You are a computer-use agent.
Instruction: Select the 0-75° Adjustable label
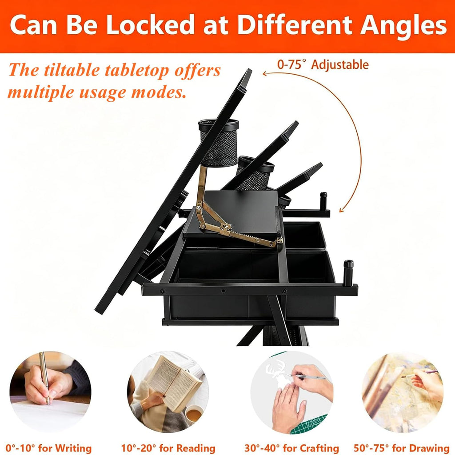coord(323,64)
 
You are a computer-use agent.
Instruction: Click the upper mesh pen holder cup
coord(218,142)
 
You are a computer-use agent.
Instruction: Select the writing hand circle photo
coord(50,392)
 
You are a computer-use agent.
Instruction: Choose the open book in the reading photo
coord(174,383)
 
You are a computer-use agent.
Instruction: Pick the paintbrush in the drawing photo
coord(419,374)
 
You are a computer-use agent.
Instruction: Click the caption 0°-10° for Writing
coord(48,448)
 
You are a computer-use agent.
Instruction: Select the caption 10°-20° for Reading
coord(168,448)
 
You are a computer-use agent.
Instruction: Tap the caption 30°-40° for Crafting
coord(291,448)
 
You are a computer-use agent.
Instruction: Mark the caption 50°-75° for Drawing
coord(402,448)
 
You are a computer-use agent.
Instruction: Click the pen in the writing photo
coord(44,378)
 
